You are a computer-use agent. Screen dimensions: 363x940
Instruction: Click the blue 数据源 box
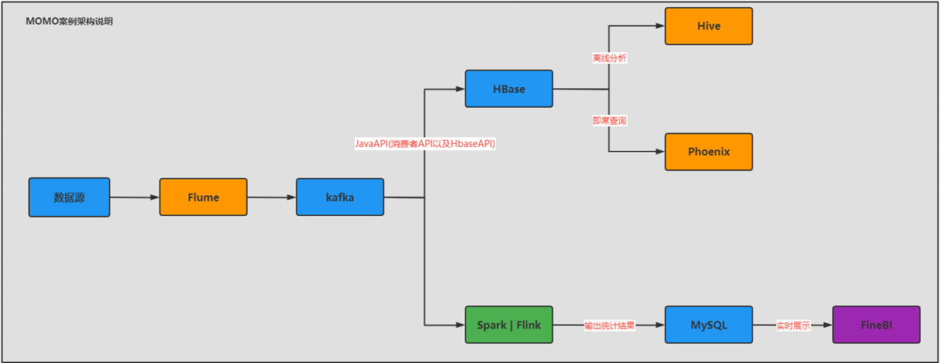pyautogui.click(x=69, y=197)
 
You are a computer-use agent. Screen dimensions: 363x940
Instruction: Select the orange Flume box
pyautogui.click(x=203, y=197)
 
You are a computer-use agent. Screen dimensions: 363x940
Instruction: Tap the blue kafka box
pyautogui.click(x=339, y=197)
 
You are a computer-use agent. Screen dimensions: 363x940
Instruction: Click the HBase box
pyautogui.click(x=508, y=89)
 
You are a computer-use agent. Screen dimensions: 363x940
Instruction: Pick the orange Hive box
pyautogui.click(x=709, y=26)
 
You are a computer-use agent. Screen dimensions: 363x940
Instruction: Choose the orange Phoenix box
pyautogui.click(x=709, y=151)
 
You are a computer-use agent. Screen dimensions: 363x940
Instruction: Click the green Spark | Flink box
pyautogui.click(x=508, y=325)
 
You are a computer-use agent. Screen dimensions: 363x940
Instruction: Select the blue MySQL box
pyautogui.click(x=709, y=325)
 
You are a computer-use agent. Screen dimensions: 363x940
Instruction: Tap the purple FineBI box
pyautogui.click(x=876, y=325)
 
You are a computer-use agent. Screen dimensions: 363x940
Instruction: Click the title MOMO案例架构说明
pyautogui.click(x=70, y=22)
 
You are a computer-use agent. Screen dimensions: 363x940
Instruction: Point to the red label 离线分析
pyautogui.click(x=609, y=58)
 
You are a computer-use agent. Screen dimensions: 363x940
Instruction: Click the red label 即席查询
pyautogui.click(x=609, y=121)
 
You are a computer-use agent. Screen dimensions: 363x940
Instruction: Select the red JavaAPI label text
pyautogui.click(x=425, y=144)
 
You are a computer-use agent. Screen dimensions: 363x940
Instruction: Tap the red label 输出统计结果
pyautogui.click(x=609, y=325)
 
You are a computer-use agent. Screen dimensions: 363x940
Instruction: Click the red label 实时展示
pyautogui.click(x=793, y=325)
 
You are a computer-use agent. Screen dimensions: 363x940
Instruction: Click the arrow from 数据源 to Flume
pyautogui.click(x=135, y=197)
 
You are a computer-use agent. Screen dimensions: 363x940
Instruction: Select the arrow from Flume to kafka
pyautogui.click(x=271, y=197)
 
